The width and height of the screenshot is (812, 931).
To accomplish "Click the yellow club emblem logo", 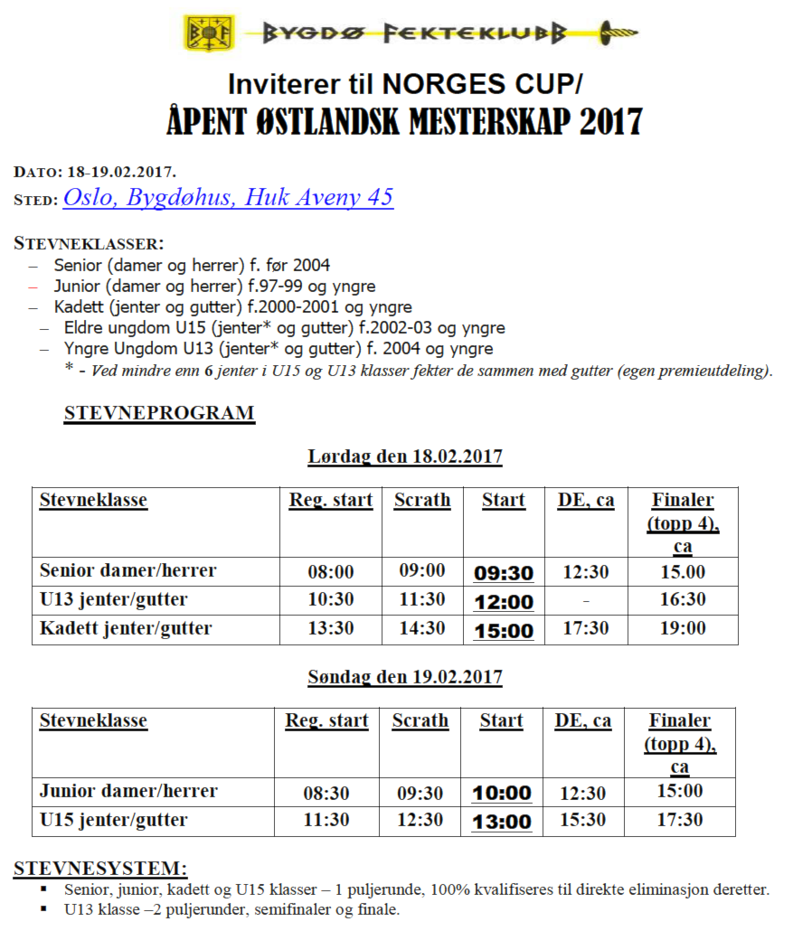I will click(210, 33).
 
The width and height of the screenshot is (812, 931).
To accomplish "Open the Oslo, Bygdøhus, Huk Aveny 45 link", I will click(228, 198).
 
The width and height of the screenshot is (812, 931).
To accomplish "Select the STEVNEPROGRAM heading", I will click(159, 414).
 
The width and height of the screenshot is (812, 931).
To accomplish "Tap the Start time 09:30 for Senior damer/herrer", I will click(504, 573).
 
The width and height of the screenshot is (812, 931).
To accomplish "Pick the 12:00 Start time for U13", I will click(504, 602).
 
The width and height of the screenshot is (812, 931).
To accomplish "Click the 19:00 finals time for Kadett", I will click(683, 629).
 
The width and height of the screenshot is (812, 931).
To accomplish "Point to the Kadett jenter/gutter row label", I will click(126, 628).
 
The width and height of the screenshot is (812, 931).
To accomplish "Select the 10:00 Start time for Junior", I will click(502, 794).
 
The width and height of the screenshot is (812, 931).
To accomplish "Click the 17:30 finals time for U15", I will click(680, 820).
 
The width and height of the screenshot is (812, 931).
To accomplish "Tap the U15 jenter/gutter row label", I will click(114, 821).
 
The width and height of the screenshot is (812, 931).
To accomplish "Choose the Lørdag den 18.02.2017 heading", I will click(405, 456).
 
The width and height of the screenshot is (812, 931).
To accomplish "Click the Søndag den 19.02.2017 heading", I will click(405, 677).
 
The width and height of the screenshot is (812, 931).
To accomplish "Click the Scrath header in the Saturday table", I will click(422, 501).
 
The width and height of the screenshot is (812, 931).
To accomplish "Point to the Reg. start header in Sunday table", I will click(327, 721).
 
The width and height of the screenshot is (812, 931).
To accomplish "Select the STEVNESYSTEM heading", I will click(100, 869).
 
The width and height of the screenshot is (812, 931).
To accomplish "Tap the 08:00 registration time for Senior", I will click(331, 572).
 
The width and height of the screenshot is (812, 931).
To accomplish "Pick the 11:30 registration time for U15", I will click(326, 820).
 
